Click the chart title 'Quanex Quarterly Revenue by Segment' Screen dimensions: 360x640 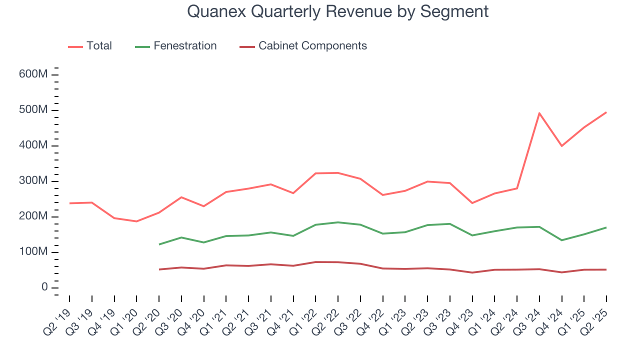(x=337, y=11)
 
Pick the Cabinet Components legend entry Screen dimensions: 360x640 (x=303, y=46)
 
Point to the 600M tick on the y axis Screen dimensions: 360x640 (x=34, y=74)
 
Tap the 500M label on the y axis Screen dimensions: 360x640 (x=34, y=110)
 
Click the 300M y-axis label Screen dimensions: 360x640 (x=34, y=181)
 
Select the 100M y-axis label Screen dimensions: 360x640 (x=34, y=252)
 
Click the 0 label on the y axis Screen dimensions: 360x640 (x=44, y=287)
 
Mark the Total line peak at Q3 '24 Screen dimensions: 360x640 (x=539, y=113)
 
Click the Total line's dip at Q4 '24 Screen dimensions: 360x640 (x=562, y=146)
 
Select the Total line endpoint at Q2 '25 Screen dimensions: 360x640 (x=606, y=112)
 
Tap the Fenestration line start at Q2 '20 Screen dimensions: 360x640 (x=159, y=244)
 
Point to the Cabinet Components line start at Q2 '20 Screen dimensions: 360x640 (x=159, y=269)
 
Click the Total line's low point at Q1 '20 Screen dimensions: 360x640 (x=136, y=221)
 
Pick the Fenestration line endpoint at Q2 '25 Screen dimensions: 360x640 (x=606, y=227)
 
